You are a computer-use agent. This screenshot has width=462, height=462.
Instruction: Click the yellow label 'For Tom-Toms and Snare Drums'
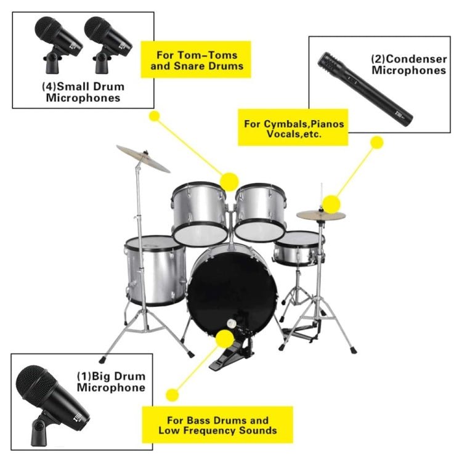click(197, 60)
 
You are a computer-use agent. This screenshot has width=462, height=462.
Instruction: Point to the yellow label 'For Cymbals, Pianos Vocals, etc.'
click(294, 128)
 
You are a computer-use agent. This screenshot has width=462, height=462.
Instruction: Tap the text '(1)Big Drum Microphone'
click(111, 381)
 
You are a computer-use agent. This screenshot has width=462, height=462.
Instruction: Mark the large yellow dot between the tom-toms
click(229, 182)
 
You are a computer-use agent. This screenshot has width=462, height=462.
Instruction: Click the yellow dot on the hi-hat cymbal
click(331, 203)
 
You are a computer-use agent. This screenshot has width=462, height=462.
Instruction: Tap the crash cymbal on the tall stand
click(143, 158)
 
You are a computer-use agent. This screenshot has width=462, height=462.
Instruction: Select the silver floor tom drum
click(155, 271)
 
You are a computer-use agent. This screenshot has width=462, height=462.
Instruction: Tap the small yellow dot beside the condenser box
click(377, 142)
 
